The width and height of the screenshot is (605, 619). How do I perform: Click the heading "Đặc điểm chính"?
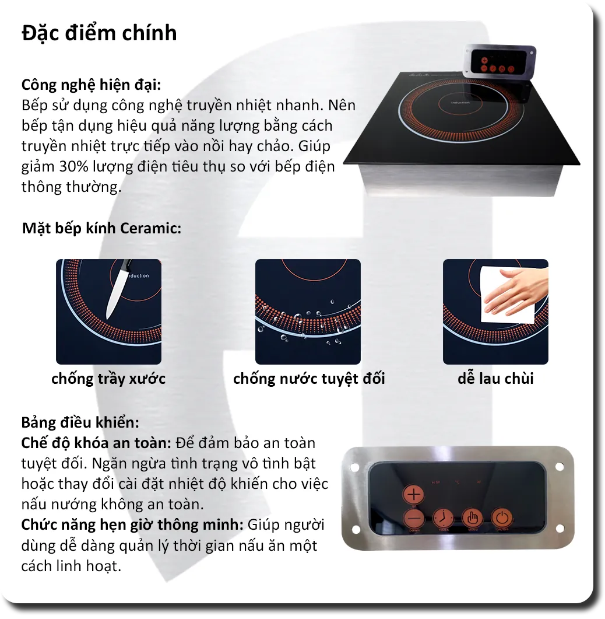coord(99,33)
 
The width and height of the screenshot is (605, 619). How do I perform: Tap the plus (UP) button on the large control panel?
coord(414,495)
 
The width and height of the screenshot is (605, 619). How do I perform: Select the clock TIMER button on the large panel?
coord(444,518)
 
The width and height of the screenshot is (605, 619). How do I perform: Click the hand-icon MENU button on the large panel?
coord(473,518)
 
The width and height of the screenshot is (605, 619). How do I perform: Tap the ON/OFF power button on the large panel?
coord(501,518)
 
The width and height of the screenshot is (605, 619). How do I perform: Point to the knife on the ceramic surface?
coord(119,289)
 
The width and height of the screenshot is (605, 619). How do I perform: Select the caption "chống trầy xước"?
coord(108,379)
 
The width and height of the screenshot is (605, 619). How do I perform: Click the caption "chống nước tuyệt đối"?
coord(309,379)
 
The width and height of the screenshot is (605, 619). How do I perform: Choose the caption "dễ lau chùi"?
coord(495,379)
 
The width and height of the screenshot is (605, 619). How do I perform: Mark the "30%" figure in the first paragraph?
coord(73,166)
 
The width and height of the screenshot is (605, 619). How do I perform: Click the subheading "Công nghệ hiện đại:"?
coord(90,85)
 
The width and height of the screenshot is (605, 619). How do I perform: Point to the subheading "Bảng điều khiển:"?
coord(80,422)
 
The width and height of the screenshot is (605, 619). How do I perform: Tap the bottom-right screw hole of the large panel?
coord(560,529)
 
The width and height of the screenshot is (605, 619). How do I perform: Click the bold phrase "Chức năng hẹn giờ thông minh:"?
coord(132,524)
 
